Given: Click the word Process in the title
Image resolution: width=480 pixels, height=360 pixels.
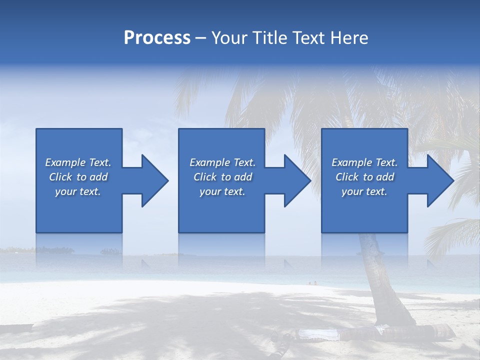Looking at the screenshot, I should [x=157, y=38].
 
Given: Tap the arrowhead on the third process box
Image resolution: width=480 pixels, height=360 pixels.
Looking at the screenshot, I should [x=439, y=180].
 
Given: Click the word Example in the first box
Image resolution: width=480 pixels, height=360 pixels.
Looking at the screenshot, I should [x=65, y=162].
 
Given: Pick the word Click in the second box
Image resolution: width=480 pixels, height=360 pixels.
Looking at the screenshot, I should [x=205, y=177].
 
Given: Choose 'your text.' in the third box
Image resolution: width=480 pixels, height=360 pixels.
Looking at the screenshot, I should [x=364, y=191].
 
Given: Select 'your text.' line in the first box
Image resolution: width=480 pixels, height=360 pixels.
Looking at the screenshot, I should [x=77, y=191].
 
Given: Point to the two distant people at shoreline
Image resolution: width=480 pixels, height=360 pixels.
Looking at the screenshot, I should [x=312, y=283].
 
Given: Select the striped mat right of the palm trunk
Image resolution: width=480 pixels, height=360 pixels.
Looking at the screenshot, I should [x=440, y=330].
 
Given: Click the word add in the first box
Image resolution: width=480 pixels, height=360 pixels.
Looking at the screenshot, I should [x=98, y=177].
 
